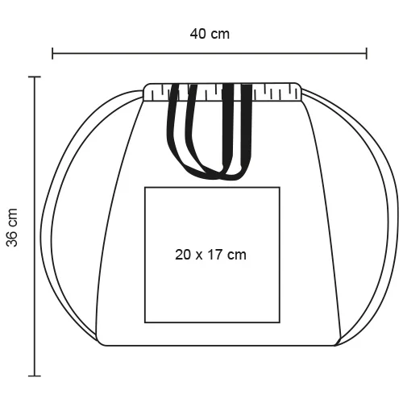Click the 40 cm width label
(x=210, y=34)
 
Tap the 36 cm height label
(x=12, y=226)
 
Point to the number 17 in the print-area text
(x=215, y=255)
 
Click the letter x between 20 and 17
(x=199, y=256)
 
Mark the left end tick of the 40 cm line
(x=53, y=54)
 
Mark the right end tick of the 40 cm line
(x=367, y=54)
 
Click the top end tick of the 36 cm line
(x=34, y=77)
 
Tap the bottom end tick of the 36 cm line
(x=34, y=375)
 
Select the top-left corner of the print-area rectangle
(x=145, y=187)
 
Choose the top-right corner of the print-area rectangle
(x=280, y=187)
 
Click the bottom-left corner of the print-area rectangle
(x=145, y=321)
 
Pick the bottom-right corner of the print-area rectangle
(x=280, y=321)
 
